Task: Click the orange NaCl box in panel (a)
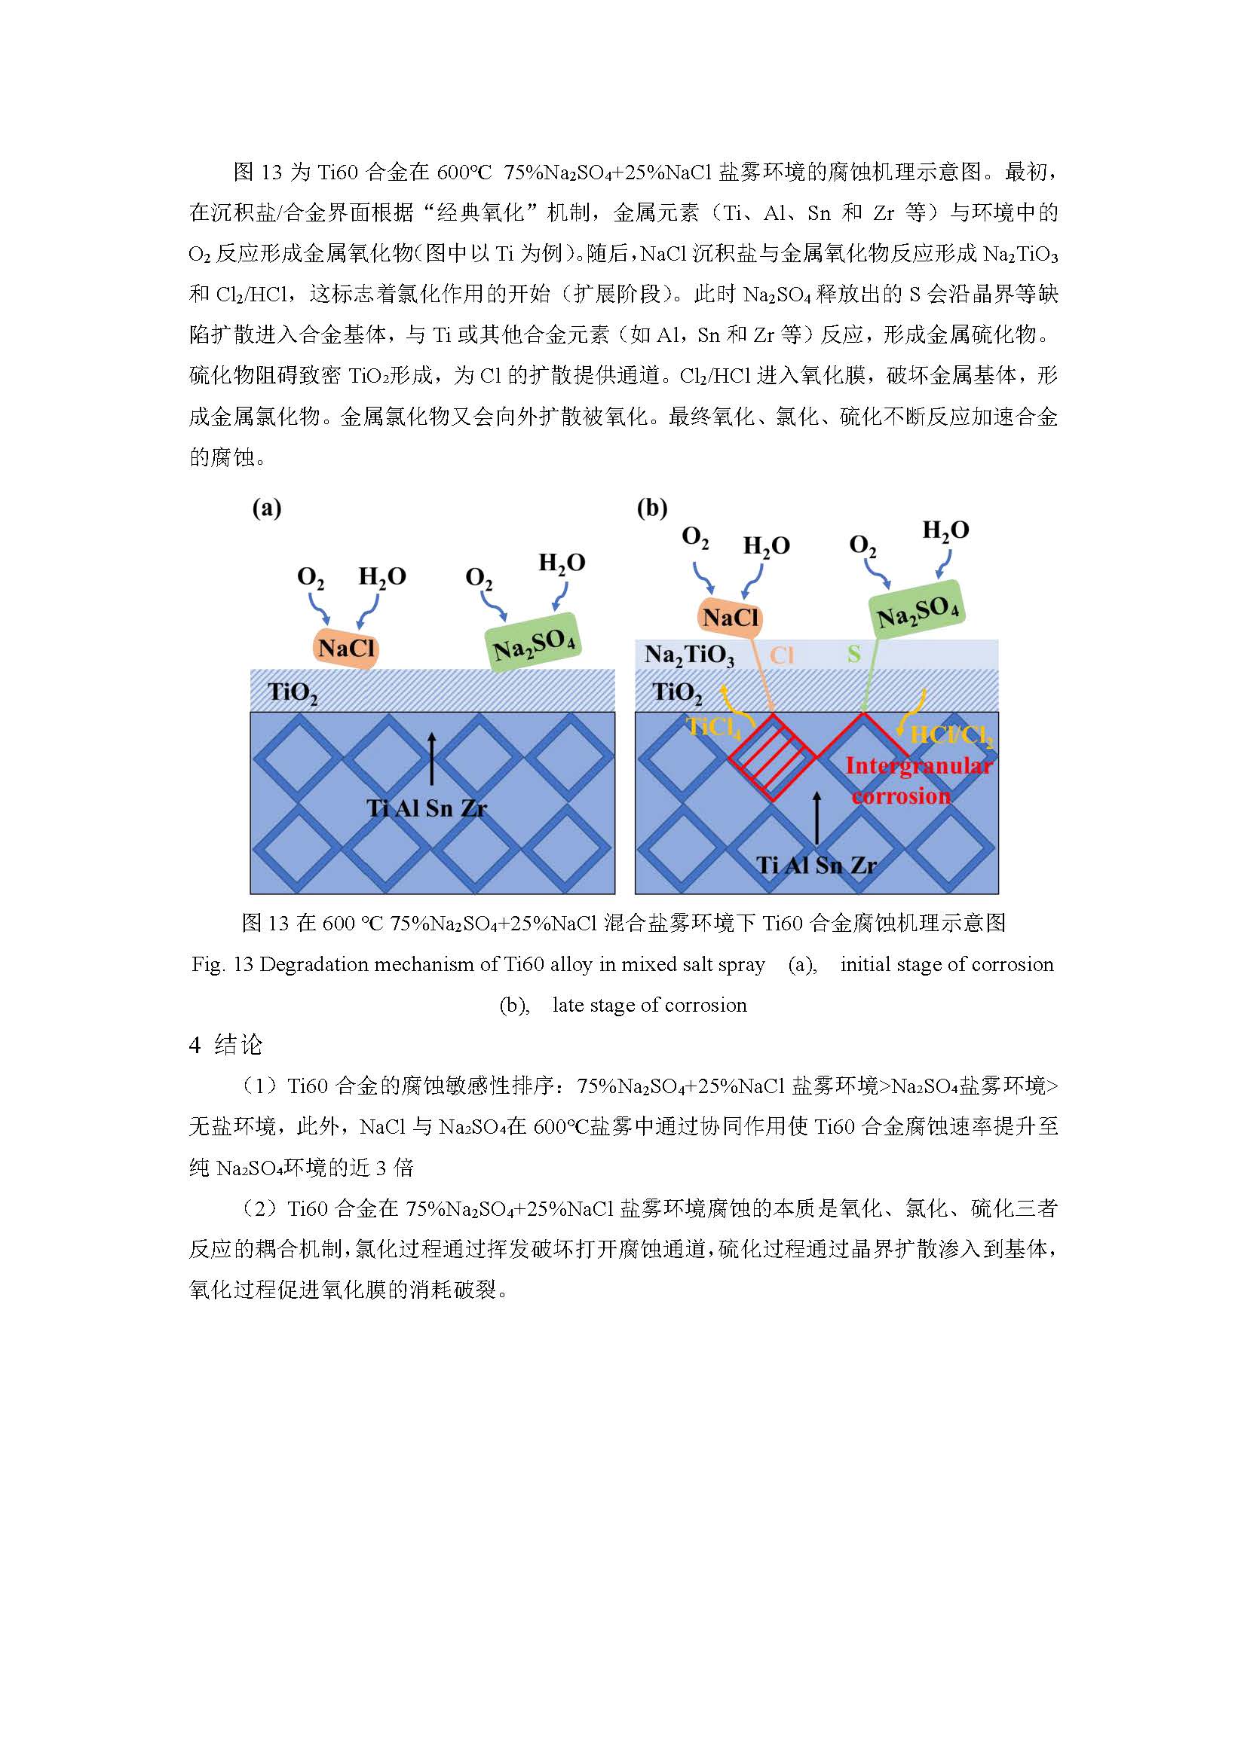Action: (x=346, y=649)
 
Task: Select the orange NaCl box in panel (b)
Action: (x=731, y=617)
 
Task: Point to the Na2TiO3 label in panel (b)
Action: (x=689, y=655)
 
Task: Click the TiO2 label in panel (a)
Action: (x=292, y=692)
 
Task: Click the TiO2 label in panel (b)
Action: (x=676, y=692)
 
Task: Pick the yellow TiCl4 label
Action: (x=713, y=727)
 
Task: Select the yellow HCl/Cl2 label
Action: (x=951, y=736)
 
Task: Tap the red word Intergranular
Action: (x=918, y=766)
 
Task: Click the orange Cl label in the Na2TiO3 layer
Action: (x=782, y=655)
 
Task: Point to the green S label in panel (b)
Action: (x=854, y=654)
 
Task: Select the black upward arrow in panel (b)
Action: (x=817, y=817)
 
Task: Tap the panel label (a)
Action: (x=266, y=508)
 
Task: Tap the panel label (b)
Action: (x=652, y=508)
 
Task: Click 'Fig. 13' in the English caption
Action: (x=222, y=964)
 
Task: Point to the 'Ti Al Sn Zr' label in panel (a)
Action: (x=427, y=808)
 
